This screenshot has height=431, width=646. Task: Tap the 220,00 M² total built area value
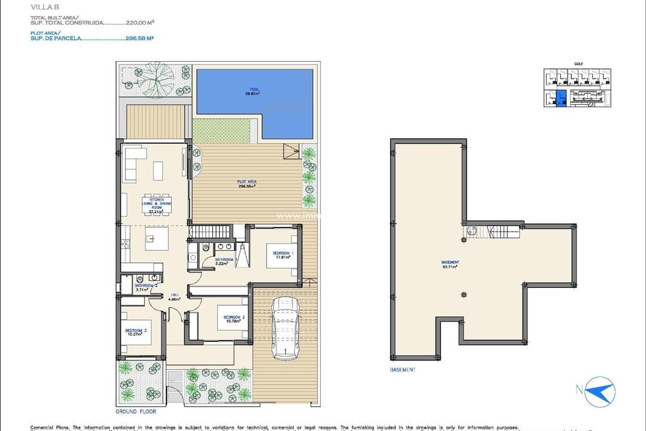tap(141, 22)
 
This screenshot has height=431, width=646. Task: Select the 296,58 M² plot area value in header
tap(140, 38)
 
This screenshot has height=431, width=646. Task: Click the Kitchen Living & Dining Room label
tap(156, 205)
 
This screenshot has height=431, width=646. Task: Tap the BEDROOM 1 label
tap(282, 256)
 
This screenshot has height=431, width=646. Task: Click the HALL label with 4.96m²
tap(175, 296)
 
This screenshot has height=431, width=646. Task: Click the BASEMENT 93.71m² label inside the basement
tap(450, 265)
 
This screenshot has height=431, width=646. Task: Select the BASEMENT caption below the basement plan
tap(402, 370)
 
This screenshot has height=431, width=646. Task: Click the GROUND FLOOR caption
tap(136, 412)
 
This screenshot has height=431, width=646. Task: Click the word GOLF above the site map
tap(578, 63)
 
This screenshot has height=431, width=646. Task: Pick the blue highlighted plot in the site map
tap(560, 99)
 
